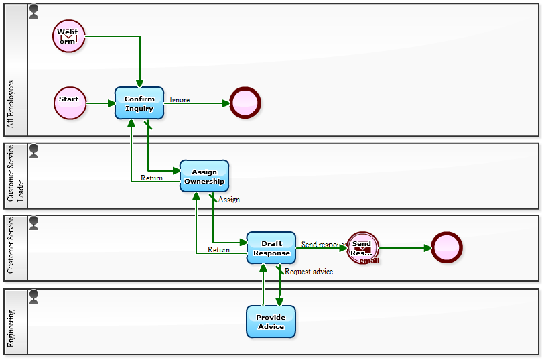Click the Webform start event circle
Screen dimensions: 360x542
69,36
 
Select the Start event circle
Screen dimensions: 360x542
70,103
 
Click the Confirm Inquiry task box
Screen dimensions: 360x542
139,103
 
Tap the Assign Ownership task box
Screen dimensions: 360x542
204,176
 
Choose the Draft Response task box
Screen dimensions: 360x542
271,248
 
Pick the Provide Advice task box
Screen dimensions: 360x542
271,322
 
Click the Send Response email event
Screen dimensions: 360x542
362,248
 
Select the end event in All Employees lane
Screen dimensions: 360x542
245,103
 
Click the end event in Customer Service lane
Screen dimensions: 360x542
447,248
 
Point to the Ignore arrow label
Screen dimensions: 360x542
180,100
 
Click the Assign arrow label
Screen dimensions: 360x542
228,200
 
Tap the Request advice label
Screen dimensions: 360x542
308,272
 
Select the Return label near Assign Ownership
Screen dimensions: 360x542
151,178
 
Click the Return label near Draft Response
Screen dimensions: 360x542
218,249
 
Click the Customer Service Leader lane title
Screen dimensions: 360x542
15,176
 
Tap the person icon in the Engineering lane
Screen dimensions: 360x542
34,295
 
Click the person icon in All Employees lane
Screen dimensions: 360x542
34,11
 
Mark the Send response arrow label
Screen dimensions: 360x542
323,245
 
